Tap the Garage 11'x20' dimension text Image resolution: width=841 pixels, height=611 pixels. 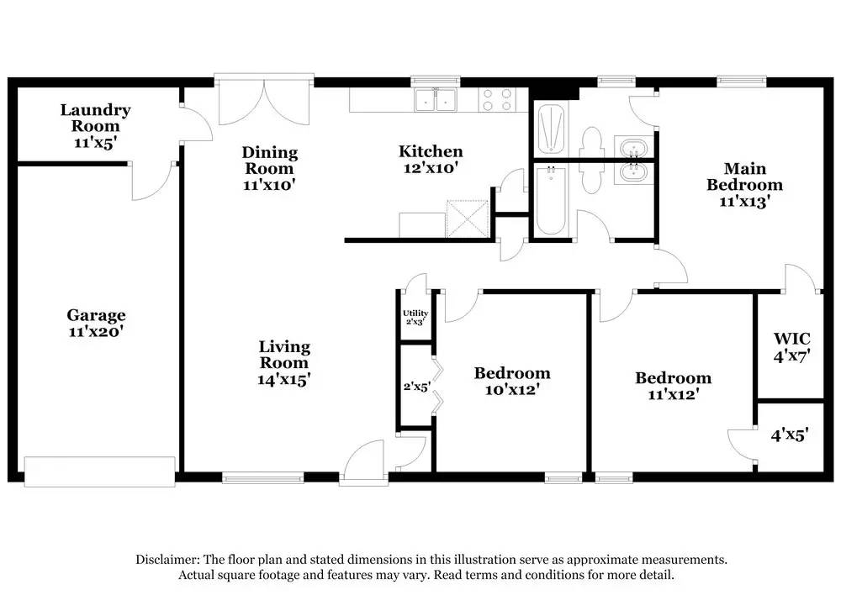click(97, 332)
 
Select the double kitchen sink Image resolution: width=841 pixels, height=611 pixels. click(435, 101)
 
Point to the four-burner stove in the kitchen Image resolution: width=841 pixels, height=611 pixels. click(496, 101)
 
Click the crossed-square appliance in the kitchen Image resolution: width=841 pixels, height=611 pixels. click(467, 219)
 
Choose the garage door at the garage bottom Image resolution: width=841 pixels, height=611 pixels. click(99, 471)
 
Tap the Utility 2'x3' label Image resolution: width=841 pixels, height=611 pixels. click(415, 317)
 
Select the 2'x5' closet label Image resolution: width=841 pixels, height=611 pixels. click(415, 388)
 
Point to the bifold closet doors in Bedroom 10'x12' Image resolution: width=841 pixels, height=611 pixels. click(436, 384)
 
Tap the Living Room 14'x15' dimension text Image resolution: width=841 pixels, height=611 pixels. click(284, 380)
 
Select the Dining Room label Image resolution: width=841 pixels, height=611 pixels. click(270, 160)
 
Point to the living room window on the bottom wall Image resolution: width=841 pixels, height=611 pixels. click(251, 479)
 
